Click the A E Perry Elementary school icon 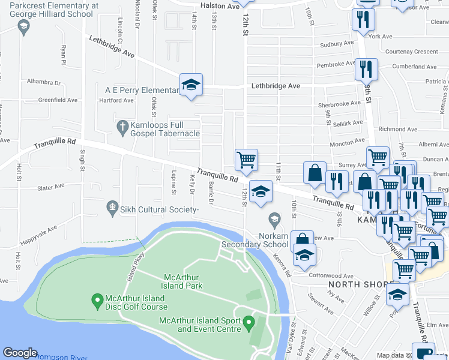191,85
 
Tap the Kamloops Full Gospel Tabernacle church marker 121,127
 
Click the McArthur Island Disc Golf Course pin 96,298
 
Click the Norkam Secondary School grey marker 274,219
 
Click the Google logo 20,352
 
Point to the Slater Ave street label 50,187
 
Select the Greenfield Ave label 58,100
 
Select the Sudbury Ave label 337,44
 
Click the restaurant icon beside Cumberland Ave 366,70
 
